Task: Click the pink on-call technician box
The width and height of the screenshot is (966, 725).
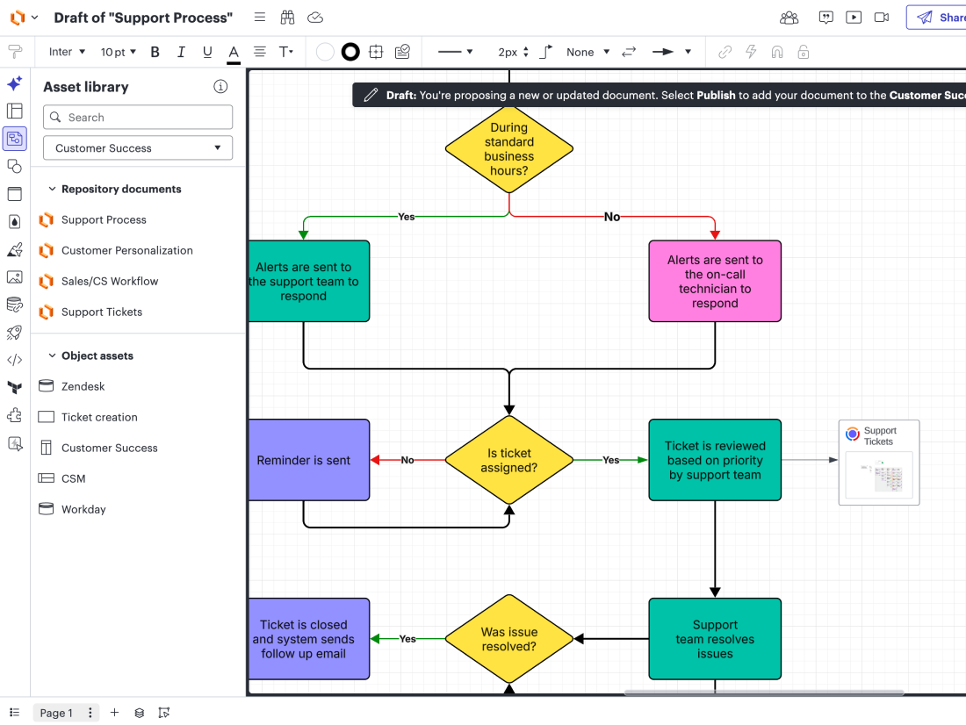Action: (715, 281)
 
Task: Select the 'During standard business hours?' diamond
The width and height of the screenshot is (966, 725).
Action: (508, 149)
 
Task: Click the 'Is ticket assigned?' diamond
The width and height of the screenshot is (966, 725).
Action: (508, 460)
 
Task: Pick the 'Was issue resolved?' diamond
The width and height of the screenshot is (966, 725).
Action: (508, 639)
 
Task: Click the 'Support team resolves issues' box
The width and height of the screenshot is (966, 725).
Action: (715, 639)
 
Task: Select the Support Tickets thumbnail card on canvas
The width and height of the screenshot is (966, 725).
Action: (879, 463)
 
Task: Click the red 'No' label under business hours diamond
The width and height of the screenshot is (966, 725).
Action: (612, 217)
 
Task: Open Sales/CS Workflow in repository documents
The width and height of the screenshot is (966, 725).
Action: (110, 282)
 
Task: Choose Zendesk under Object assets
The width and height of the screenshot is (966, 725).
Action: (83, 386)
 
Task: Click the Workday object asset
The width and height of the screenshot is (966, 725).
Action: (83, 509)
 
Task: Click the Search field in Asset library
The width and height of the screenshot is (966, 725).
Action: (138, 117)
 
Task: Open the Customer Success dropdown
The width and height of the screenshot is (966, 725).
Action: (138, 147)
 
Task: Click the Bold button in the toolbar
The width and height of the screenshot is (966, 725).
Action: (155, 53)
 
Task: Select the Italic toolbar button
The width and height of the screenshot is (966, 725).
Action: (181, 53)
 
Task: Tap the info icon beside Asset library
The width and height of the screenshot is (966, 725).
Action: (220, 87)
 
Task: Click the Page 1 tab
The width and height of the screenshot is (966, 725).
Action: (56, 713)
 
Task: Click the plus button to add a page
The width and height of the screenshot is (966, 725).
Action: (114, 713)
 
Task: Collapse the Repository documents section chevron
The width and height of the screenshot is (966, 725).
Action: (53, 189)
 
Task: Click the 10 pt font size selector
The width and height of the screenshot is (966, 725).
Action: (119, 53)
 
